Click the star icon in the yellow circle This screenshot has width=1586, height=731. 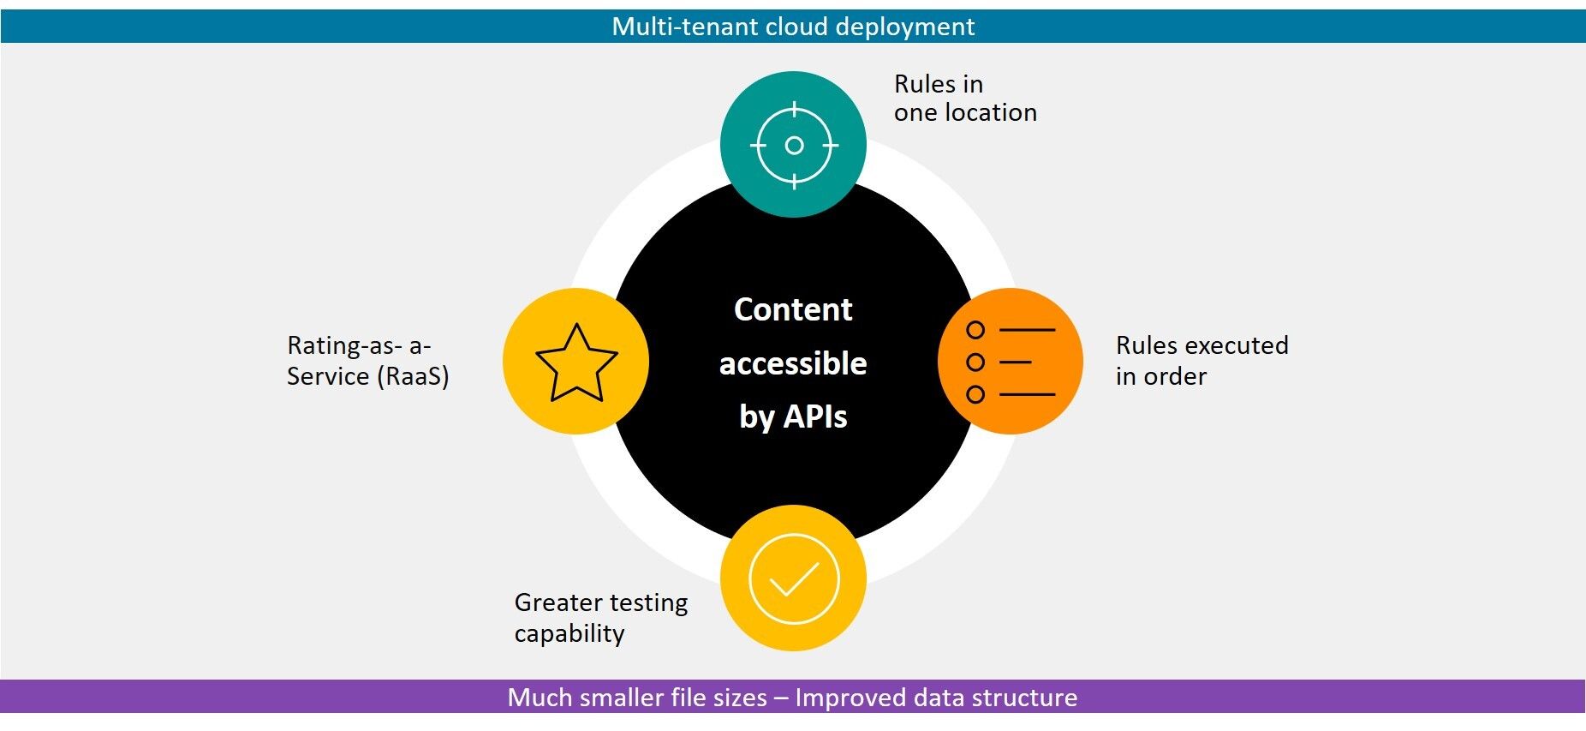click(x=576, y=363)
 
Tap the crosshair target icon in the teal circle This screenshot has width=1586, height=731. click(x=794, y=145)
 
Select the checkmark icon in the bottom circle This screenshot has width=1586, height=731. click(x=794, y=579)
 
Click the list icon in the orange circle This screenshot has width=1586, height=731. click(x=1011, y=362)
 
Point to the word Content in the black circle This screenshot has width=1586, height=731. click(x=793, y=309)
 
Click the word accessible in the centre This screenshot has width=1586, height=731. click(x=793, y=363)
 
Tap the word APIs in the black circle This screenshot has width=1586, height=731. click(x=815, y=416)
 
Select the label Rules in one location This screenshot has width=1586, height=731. click(x=965, y=98)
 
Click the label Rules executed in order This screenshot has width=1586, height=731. click(x=1201, y=361)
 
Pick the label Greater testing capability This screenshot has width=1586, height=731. click(x=600, y=618)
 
